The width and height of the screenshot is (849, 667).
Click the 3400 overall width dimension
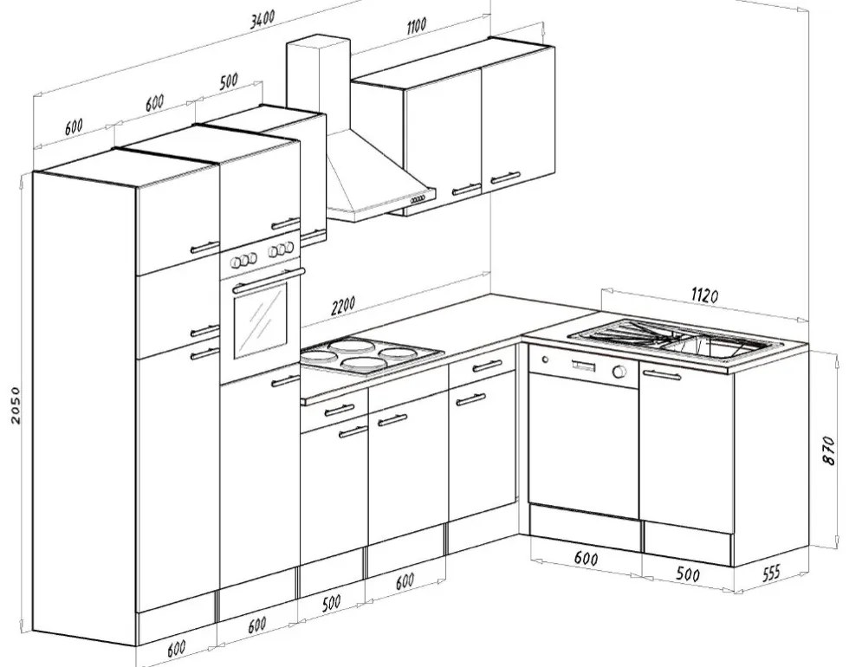262,19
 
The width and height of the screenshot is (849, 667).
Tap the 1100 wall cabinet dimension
417,25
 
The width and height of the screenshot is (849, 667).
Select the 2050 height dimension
15,405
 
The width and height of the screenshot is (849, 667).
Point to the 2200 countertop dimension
343,306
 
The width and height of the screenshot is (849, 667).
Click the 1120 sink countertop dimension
705,295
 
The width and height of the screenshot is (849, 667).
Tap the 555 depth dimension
771,573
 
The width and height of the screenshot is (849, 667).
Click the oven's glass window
260,322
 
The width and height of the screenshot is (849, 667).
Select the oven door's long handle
269,280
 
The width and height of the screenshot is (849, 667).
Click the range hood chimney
319,84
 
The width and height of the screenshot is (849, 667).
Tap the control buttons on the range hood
418,200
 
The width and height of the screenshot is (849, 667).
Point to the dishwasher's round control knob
619,372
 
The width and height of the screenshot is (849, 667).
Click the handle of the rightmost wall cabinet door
504,178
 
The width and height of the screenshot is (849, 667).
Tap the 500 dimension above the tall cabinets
229,81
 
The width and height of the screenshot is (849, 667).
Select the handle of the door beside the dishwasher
662,374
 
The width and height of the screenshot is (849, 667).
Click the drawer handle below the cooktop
340,410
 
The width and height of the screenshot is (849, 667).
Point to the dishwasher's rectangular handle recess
582,366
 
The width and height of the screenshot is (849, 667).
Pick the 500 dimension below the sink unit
688,573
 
